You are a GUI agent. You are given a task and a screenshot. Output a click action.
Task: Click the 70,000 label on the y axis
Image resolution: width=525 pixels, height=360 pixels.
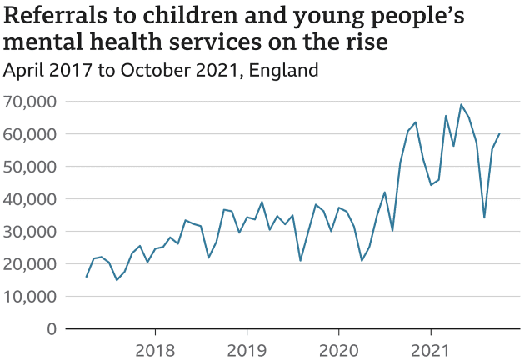pos(30,102)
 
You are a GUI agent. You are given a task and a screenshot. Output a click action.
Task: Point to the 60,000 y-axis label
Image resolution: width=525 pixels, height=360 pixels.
pos(30,134)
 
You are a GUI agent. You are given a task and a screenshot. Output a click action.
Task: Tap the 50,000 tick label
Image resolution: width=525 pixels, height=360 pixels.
pos(30,167)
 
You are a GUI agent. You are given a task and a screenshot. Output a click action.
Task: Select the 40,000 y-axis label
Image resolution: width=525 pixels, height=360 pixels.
pos(30,199)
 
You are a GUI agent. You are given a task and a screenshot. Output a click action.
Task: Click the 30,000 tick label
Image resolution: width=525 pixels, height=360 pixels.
pos(30,232)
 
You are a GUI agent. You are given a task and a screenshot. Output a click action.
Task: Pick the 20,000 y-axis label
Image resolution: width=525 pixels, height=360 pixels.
pos(30,264)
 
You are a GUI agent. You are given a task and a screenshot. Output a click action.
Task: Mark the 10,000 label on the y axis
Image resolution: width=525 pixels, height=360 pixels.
pos(30,297)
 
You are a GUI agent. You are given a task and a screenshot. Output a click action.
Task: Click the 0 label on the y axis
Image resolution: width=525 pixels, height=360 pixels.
pos(52,329)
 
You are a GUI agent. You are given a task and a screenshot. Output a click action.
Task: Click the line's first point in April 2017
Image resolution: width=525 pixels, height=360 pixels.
pos(87,277)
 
